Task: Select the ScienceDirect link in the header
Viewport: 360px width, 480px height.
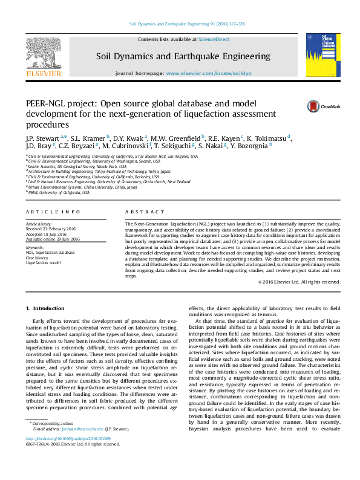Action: pos(214,39)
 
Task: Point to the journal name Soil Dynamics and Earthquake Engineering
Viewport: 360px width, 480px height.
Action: pos(183,56)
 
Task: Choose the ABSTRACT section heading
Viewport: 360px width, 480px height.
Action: pos(145,212)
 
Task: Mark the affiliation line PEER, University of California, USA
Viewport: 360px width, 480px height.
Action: pos(59,193)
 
